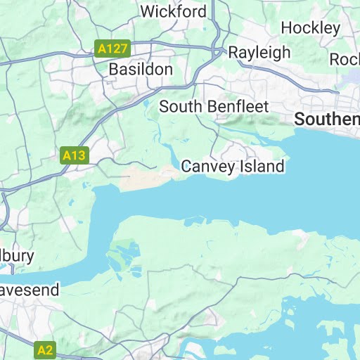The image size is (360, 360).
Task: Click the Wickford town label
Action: pyautogui.click(x=174, y=12)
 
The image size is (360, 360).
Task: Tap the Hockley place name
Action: pyautogui.click(x=310, y=28)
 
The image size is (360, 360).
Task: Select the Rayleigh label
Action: pyautogui.click(x=259, y=53)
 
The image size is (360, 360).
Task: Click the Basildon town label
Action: pyautogui.click(x=141, y=70)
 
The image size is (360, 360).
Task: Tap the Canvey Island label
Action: pyautogui.click(x=233, y=167)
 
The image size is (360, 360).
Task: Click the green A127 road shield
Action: pyautogui.click(x=112, y=49)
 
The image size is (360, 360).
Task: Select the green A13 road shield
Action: pyautogui.click(x=74, y=155)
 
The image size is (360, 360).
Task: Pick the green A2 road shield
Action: pyautogui.click(x=45, y=349)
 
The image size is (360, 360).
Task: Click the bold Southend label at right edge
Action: pyautogui.click(x=327, y=120)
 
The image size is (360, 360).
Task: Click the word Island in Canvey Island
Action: pyautogui.click(x=261, y=167)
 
